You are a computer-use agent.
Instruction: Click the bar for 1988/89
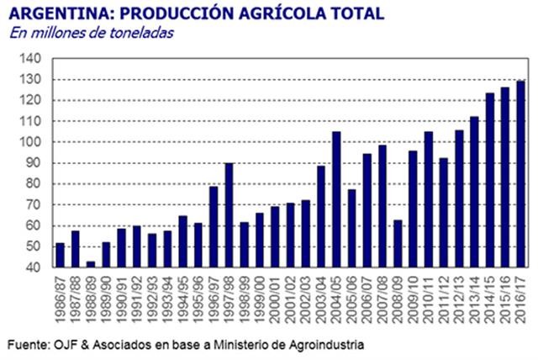91,265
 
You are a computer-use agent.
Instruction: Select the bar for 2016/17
520,174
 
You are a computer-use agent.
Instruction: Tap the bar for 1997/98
229,215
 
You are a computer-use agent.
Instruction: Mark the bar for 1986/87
60,256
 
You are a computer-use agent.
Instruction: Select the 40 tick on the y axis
34,267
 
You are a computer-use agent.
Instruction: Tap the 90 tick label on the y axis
34,163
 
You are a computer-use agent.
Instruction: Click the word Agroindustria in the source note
327,345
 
